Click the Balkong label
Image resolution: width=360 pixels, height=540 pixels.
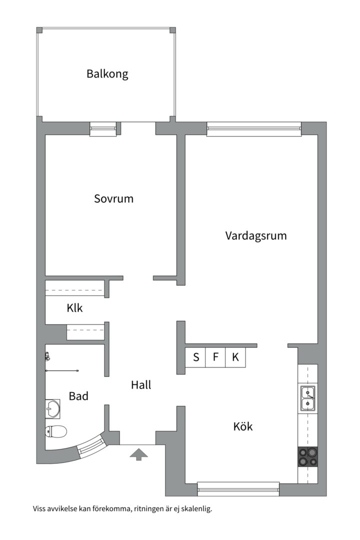107,74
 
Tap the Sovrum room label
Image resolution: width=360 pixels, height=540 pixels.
113,198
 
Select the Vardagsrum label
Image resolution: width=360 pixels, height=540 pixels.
256,235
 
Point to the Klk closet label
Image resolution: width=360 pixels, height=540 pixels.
74,308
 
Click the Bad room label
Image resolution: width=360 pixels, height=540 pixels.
78,396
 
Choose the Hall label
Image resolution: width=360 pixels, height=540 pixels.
141,385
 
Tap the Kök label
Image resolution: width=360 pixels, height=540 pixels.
243,426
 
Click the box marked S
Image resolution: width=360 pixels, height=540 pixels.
196,357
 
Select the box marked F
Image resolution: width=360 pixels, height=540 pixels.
215,357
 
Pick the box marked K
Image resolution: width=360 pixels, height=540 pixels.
235,357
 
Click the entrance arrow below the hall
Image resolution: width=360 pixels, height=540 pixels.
139,454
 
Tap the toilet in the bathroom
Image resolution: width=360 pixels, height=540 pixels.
56,430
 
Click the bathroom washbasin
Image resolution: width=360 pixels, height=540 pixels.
52,408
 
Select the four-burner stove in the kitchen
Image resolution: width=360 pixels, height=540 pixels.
307,456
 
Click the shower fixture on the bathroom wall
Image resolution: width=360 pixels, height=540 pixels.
47,357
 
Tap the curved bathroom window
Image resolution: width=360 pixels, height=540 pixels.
91,445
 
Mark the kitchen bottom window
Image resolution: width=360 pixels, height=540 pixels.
238,488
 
